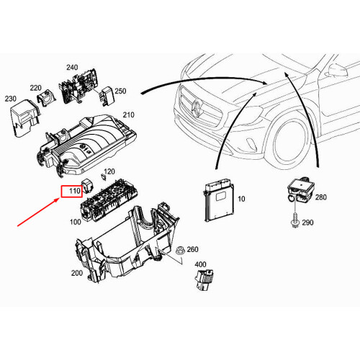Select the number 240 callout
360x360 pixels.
coord(72,68)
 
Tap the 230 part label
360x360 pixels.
coord(10,99)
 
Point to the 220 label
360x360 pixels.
coord(36,87)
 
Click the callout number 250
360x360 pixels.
coord(120,91)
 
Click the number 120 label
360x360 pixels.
coord(109,172)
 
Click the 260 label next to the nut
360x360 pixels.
coord(192,250)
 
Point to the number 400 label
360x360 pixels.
coord(200,265)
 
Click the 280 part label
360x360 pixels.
coord(320,197)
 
